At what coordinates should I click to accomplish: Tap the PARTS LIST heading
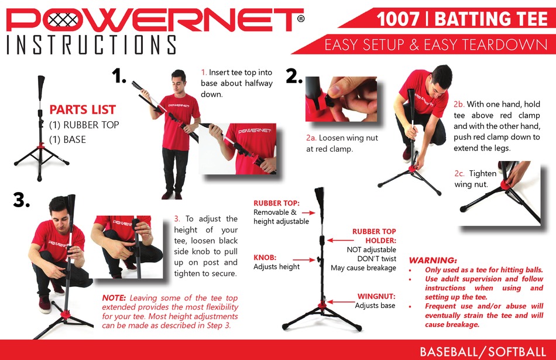click(x=83, y=109)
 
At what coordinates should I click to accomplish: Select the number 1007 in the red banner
click(x=398, y=19)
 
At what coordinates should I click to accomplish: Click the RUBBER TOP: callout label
click(x=276, y=203)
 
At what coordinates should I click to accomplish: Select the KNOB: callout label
click(x=265, y=257)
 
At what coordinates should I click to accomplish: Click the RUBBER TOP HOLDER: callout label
click(x=374, y=236)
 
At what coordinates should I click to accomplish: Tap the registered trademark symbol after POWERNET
click(x=300, y=19)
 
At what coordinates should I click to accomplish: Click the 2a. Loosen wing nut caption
click(x=342, y=143)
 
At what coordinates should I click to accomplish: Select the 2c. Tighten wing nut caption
click(x=475, y=179)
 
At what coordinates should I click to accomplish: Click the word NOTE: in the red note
click(x=115, y=297)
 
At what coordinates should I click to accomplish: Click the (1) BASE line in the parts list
click(x=67, y=139)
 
